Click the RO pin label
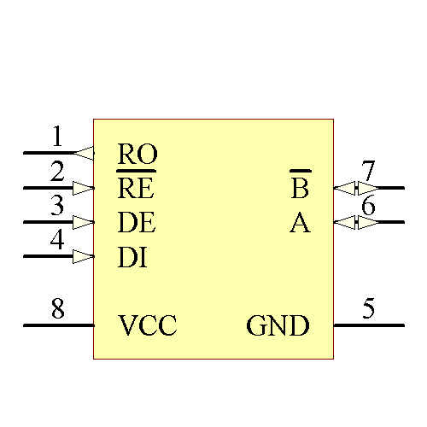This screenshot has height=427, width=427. [137, 155]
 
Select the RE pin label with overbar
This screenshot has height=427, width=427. [135, 187]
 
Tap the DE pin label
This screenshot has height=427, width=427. [137, 223]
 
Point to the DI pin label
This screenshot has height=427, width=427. [132, 257]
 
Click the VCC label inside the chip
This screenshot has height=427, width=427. [147, 326]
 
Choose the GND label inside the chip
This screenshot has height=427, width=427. [278, 326]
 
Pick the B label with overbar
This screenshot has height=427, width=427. [300, 187]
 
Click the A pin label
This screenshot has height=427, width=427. [300, 223]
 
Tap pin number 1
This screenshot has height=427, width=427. [57, 137]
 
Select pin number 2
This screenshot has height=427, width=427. [57, 172]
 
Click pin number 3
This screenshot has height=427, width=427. [57, 206]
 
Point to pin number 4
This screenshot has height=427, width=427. [57, 240]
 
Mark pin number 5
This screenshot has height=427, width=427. [368, 308]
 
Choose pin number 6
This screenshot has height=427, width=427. [368, 207]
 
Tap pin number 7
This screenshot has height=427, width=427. [368, 172]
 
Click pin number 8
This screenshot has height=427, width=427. [57, 308]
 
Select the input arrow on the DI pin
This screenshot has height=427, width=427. [84, 256]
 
